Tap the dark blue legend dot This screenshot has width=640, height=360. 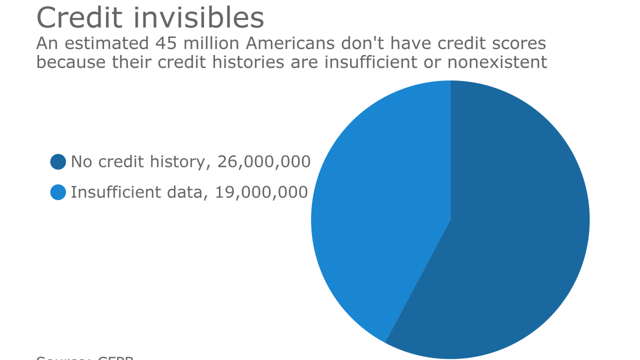click(x=58, y=162)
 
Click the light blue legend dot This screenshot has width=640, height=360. click(x=58, y=192)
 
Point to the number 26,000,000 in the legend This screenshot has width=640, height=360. click(x=264, y=162)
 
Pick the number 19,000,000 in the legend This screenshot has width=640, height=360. click(x=261, y=192)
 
